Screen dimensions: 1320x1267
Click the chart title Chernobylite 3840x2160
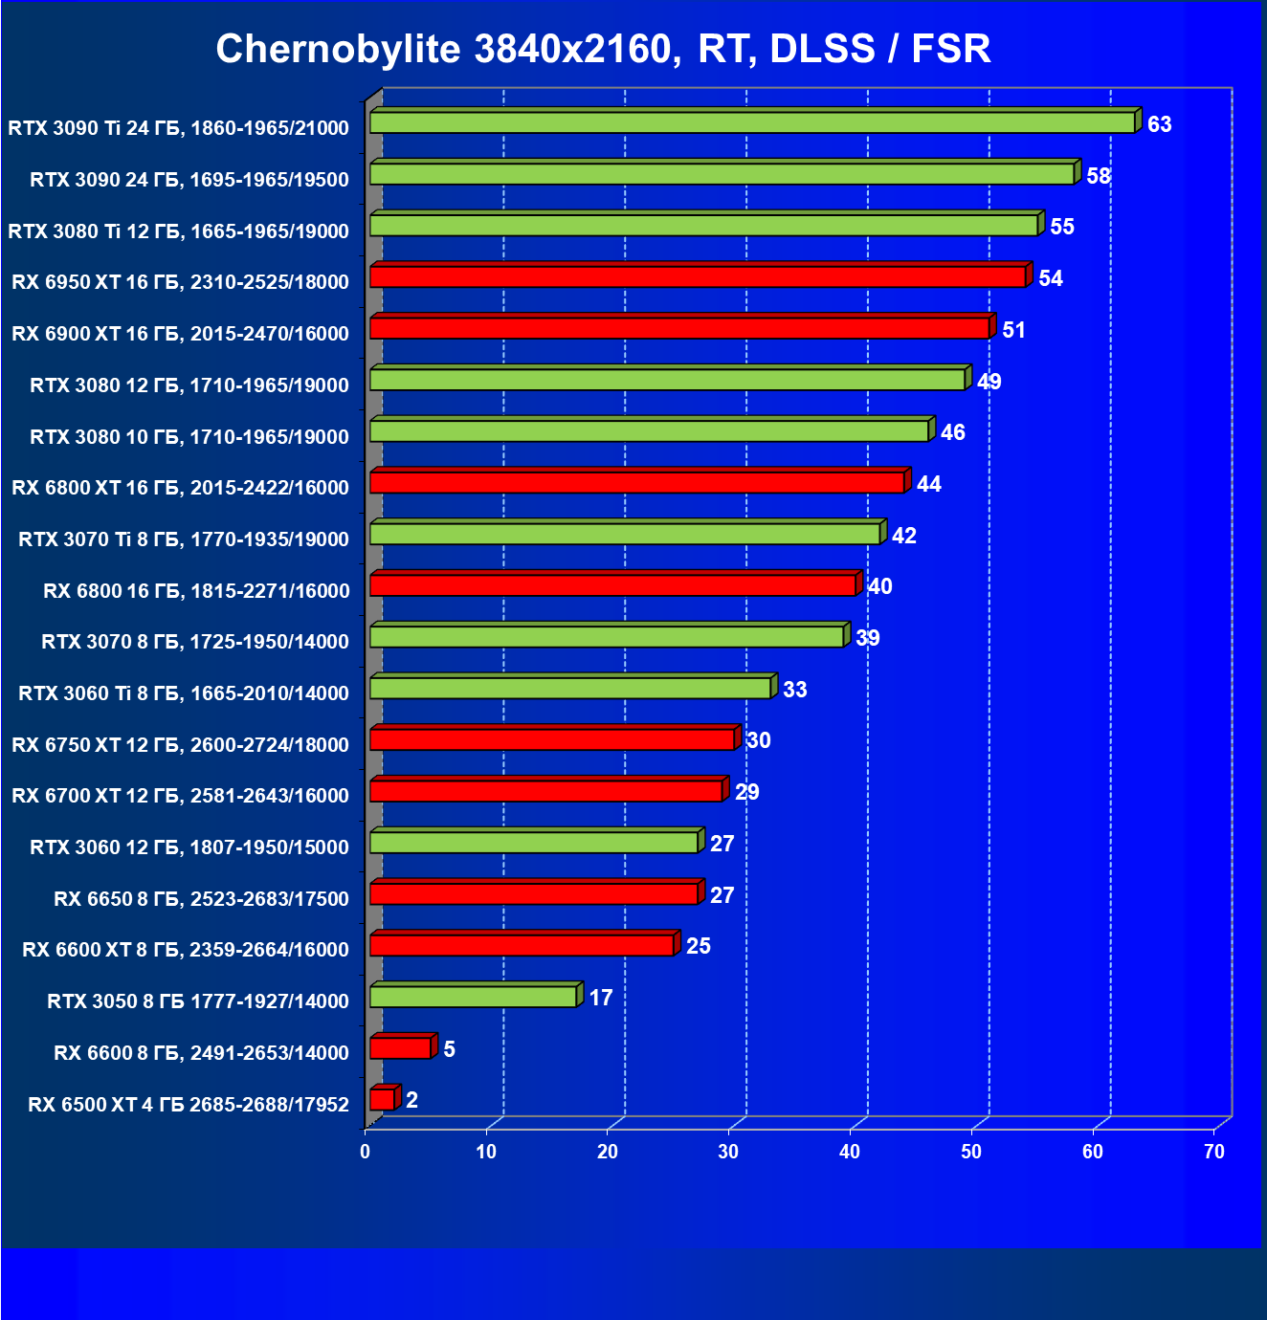point(603,48)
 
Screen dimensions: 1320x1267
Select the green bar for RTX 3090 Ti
point(751,122)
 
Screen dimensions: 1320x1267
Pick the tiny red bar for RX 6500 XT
point(382,1100)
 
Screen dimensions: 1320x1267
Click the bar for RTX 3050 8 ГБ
point(473,997)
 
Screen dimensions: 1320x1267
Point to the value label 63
point(1159,125)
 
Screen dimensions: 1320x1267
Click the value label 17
point(600,999)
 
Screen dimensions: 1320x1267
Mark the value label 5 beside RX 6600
point(449,1050)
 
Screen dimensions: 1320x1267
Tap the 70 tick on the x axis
point(1213,1152)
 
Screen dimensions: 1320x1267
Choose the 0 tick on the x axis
point(365,1152)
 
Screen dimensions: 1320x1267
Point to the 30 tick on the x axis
point(728,1152)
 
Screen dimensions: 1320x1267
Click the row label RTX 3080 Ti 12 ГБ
point(178,231)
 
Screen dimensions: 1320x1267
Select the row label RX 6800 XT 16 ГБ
point(180,488)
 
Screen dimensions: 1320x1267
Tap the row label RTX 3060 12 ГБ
point(189,847)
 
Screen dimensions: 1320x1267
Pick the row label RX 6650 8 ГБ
point(201,899)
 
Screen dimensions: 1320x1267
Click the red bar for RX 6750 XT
point(551,739)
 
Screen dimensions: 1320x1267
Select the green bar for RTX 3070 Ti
point(624,534)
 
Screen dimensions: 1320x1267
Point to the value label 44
point(928,485)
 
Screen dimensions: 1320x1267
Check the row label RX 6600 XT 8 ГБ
point(185,950)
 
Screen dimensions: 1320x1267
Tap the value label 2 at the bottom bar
point(411,1101)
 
